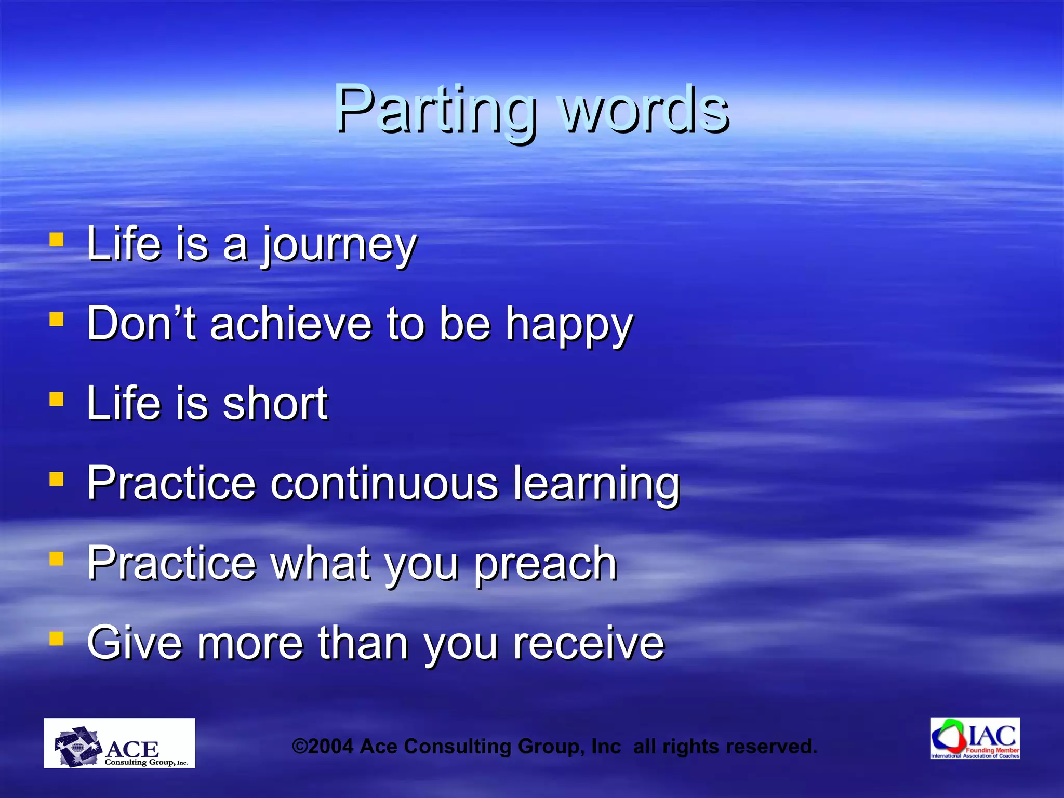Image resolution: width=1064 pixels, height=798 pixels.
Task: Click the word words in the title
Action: coord(645,109)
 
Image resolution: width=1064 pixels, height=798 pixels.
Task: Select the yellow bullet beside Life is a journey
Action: coord(57,240)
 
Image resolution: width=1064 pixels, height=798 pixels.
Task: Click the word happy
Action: coord(569,326)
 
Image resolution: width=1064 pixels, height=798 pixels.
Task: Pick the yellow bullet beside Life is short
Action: coord(57,400)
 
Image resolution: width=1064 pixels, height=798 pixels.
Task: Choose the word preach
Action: coord(546,564)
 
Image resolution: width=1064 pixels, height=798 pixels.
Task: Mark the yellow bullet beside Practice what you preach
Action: coord(57,559)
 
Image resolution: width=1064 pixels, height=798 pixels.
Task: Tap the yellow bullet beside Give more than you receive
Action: coord(57,639)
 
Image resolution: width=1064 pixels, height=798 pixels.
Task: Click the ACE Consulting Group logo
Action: coord(119,743)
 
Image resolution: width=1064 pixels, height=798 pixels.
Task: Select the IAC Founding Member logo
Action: coord(975,738)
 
